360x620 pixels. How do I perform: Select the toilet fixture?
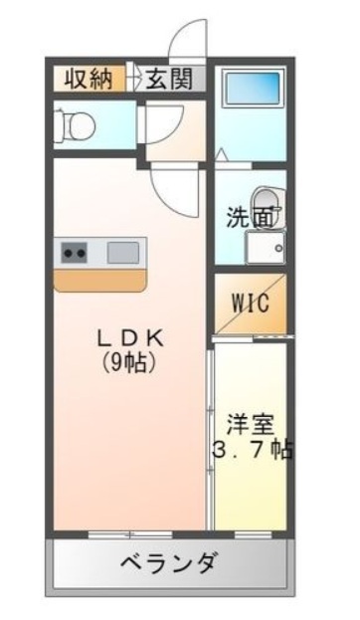(75, 126)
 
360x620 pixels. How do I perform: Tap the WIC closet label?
(251, 304)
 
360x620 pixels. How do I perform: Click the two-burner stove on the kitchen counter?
(75, 252)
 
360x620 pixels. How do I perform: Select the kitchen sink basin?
(123, 252)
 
